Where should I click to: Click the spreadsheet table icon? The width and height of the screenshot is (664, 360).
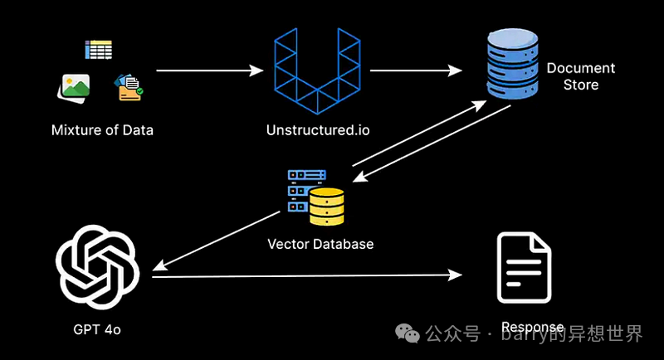[x=98, y=50]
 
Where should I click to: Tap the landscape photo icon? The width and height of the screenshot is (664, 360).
[x=75, y=86]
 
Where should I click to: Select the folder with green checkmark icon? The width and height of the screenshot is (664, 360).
[x=129, y=87]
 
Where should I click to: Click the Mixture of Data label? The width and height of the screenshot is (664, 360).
[x=102, y=130]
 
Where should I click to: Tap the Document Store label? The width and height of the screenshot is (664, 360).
[x=581, y=76]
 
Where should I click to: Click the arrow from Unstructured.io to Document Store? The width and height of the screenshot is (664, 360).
[x=415, y=71]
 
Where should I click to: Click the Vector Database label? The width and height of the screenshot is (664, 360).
[x=320, y=244]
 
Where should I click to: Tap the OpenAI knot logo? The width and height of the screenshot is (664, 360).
[x=96, y=266]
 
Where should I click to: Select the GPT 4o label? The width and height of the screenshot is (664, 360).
[x=96, y=329]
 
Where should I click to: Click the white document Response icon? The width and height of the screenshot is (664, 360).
[x=524, y=268]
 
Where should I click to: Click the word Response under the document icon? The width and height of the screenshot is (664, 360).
[x=532, y=327]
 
